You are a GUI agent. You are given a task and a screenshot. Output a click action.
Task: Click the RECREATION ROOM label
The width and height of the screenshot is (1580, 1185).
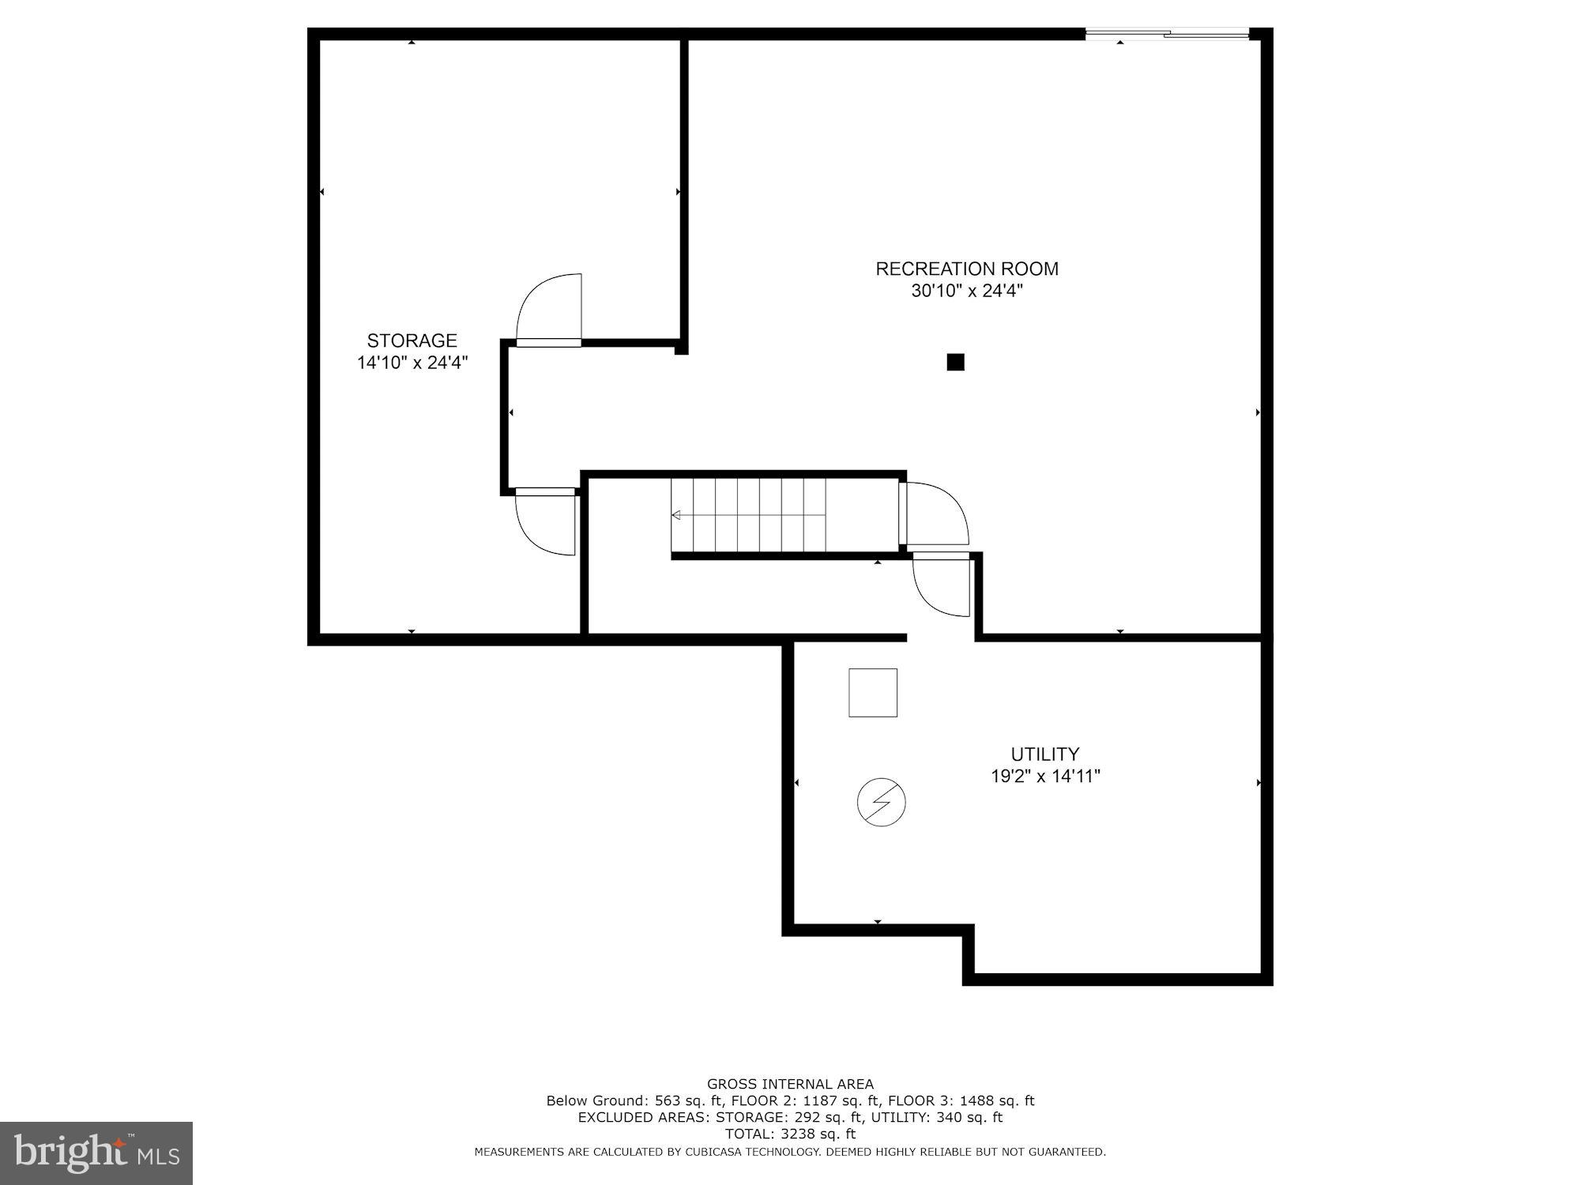click(x=966, y=269)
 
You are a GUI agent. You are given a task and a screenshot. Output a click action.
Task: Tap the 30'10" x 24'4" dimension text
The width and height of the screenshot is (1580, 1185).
click(x=966, y=292)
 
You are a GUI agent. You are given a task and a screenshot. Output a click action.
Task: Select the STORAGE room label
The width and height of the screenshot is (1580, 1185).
click(x=412, y=340)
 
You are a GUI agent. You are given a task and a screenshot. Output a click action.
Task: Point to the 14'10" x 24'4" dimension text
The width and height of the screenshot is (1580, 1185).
click(x=412, y=363)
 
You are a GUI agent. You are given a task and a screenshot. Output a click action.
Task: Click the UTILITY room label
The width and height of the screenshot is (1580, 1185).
click(x=1044, y=754)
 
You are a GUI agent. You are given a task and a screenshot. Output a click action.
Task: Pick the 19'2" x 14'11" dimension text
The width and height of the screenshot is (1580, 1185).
click(x=1044, y=777)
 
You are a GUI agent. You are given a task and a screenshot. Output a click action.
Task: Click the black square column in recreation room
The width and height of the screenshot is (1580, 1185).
click(x=955, y=363)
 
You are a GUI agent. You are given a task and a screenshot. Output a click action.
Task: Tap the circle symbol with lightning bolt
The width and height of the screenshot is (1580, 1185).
click(x=881, y=803)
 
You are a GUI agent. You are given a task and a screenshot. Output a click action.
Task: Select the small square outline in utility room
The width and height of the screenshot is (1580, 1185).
click(x=872, y=693)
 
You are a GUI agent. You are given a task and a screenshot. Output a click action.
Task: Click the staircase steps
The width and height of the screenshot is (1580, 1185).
click(x=748, y=515)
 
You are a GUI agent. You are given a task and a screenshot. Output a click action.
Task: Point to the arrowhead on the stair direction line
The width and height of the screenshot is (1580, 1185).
click(x=675, y=515)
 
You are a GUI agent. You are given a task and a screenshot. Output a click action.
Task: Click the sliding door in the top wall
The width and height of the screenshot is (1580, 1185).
click(x=1166, y=34)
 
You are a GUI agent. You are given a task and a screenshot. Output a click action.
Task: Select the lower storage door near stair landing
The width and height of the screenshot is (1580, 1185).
click(x=545, y=521)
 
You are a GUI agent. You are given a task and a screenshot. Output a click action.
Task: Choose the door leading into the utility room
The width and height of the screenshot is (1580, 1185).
click(x=942, y=585)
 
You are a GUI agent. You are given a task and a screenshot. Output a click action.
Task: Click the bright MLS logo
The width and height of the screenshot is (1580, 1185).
click(x=96, y=1153)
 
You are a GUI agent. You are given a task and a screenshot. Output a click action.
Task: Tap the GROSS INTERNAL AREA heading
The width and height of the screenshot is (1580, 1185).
click(x=790, y=1084)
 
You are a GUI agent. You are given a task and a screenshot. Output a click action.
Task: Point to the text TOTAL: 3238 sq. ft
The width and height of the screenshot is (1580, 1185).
click(x=790, y=1134)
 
